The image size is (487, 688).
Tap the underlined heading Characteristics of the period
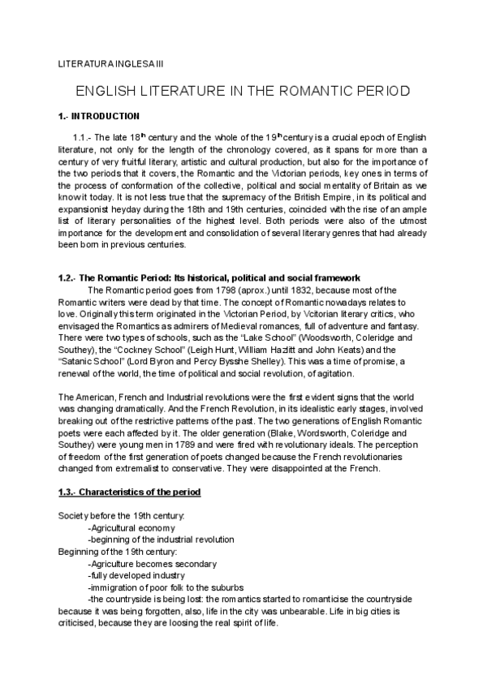140,492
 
